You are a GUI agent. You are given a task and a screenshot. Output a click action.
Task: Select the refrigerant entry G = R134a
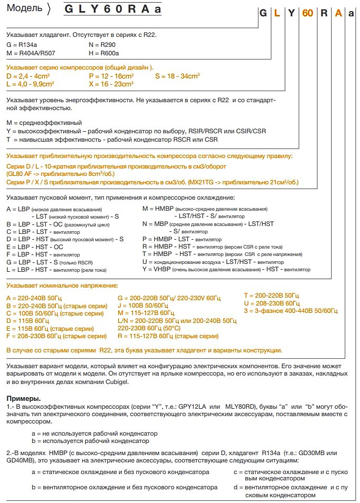point(21,45)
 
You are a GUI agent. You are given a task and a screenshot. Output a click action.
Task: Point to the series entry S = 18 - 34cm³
point(178,76)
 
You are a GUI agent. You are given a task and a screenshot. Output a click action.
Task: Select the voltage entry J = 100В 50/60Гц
point(143,305)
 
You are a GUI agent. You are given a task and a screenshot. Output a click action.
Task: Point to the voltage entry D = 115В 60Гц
point(27,320)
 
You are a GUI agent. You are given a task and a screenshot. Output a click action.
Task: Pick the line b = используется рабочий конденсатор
point(90,440)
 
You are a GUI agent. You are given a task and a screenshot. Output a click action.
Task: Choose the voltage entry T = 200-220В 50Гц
point(271,295)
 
